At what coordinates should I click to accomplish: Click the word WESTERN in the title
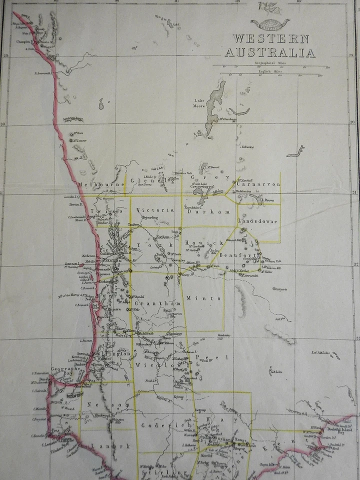point(271,39)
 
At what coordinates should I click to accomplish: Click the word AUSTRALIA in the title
point(269,52)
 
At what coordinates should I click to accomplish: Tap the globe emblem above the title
point(270,22)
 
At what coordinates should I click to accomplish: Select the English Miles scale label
point(270,71)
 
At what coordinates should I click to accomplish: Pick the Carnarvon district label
point(258,184)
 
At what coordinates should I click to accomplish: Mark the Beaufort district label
point(240,255)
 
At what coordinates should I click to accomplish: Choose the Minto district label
point(203,298)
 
